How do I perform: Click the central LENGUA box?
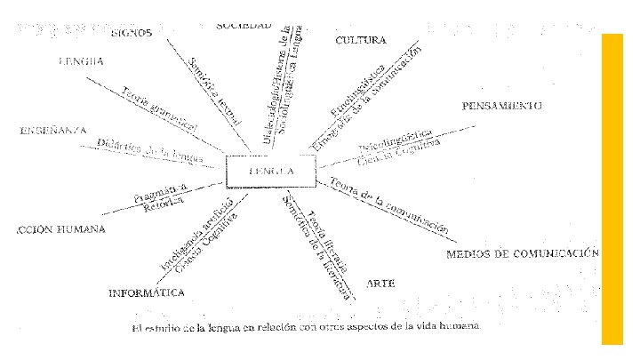point(271,172)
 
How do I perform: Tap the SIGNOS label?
point(132,33)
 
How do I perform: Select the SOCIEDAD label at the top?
point(244,24)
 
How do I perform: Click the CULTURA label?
point(361,41)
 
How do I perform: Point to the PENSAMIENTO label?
point(502,105)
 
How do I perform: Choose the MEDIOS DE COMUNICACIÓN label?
point(523,254)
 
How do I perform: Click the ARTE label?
point(380,283)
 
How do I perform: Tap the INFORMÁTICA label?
point(147,292)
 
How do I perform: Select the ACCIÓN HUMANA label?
point(60,229)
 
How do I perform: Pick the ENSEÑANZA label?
point(52,131)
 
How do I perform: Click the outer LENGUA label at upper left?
point(81,61)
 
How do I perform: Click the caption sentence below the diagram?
point(305,328)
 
